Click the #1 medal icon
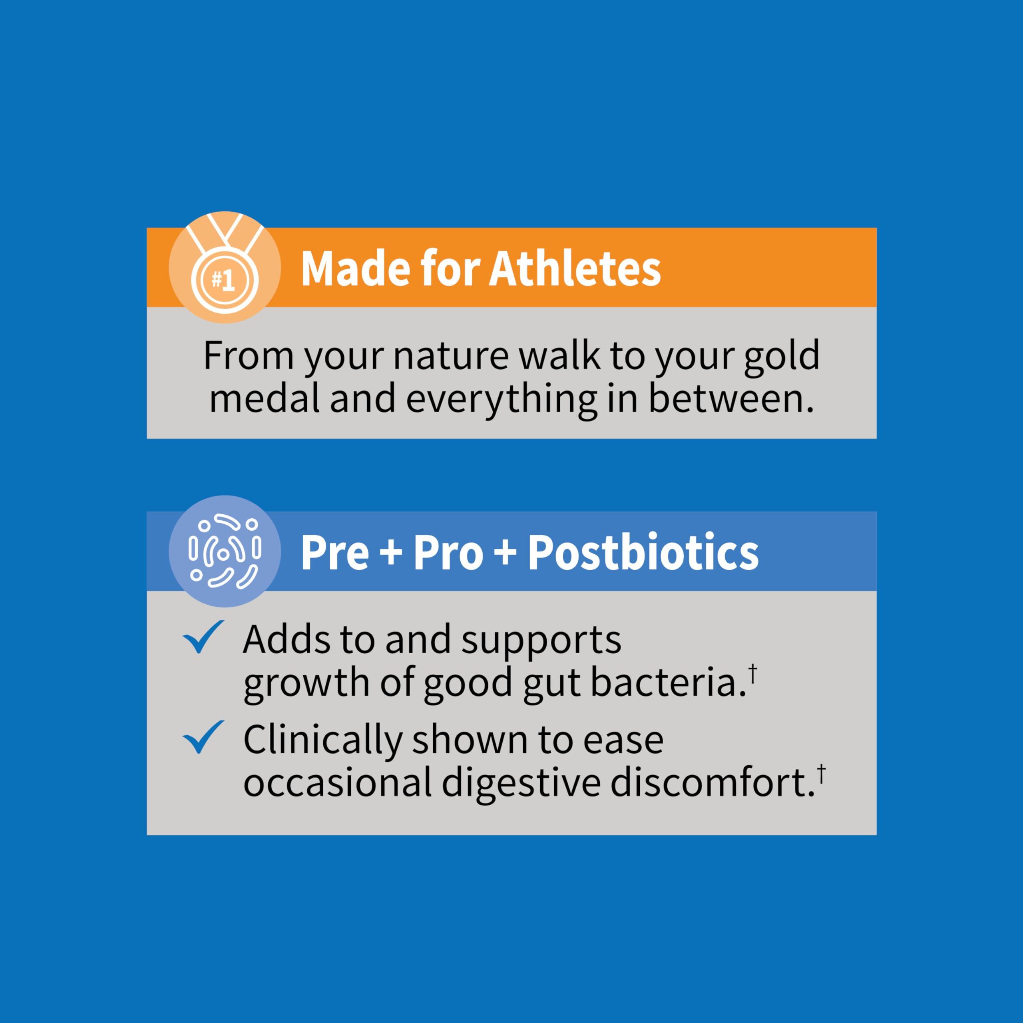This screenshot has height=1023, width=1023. (225, 268)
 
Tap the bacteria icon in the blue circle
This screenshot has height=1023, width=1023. (225, 551)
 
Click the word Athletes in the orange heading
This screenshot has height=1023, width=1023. (575, 269)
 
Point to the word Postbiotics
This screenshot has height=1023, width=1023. (643, 553)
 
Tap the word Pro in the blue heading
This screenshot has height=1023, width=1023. (448, 553)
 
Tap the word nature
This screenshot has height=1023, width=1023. (451, 356)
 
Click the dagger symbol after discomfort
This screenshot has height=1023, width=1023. (821, 774)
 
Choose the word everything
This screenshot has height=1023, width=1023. (500, 400)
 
